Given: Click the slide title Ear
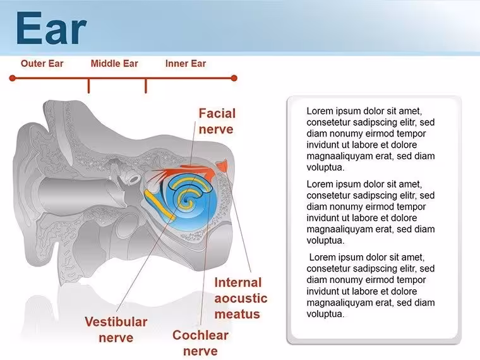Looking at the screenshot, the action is [x=51, y=28].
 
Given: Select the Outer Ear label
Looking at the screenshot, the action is [x=42, y=63].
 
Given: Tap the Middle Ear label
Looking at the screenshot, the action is [x=114, y=63].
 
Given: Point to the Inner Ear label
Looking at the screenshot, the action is [x=186, y=63].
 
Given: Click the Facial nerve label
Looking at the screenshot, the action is [x=217, y=121].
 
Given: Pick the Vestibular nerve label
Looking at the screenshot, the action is [x=116, y=330].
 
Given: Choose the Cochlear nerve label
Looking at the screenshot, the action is [x=200, y=343].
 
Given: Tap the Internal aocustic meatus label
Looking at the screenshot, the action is [x=241, y=298].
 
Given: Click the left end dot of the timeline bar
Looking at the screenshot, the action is [x=12, y=78].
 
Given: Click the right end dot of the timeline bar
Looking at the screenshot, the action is [x=234, y=78].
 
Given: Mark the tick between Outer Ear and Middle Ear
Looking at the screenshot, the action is [x=89, y=86].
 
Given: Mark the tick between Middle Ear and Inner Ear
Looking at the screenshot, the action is [x=146, y=86].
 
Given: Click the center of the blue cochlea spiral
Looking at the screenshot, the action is [x=186, y=200].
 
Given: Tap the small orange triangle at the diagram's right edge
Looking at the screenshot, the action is [x=222, y=165].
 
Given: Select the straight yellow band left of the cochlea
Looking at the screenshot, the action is [x=160, y=205].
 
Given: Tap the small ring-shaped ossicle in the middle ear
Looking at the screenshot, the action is [x=135, y=179].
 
